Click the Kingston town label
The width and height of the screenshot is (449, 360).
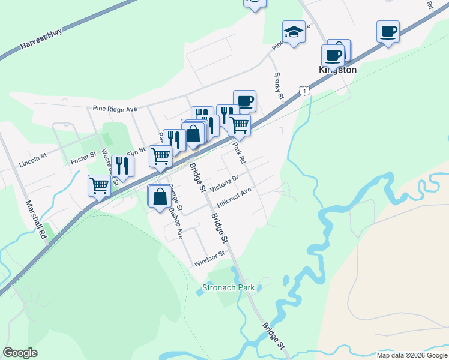pyautogui.click(x=337, y=70)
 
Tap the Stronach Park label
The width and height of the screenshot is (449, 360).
pyautogui.click(x=229, y=287)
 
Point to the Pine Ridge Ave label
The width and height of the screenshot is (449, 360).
pyautogui.click(x=115, y=109)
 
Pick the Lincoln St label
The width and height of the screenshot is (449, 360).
pyautogui.click(x=33, y=162)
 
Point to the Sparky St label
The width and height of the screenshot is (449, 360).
pyautogui.click(x=279, y=86)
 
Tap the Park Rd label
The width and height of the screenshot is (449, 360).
pyautogui.click(x=240, y=152)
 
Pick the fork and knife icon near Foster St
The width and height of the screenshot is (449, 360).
pyautogui.click(x=122, y=166)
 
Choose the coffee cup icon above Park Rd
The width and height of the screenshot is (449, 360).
pyautogui.click(x=244, y=101)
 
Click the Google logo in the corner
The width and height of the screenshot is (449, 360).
pyautogui.click(x=20, y=353)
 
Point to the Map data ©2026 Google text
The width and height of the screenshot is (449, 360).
pyautogui.click(x=411, y=355)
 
